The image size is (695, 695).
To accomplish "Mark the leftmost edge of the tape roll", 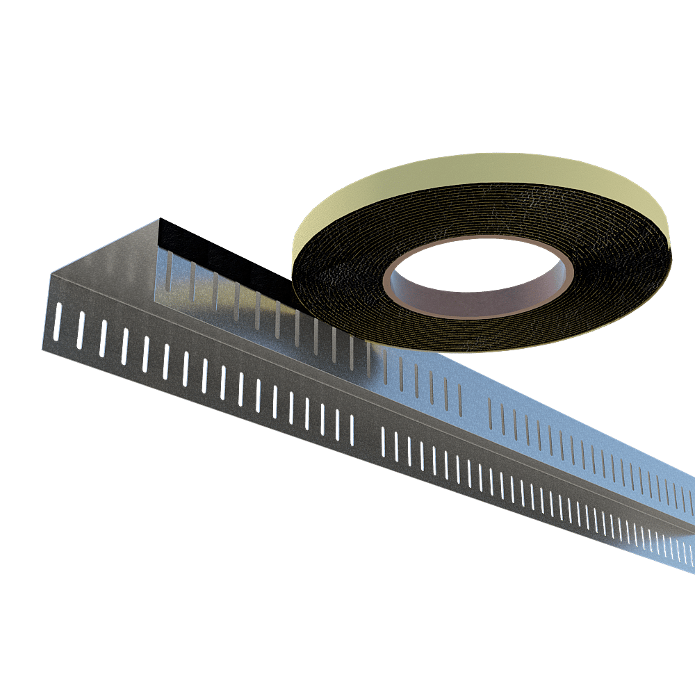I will pyautogui.click(x=291, y=268).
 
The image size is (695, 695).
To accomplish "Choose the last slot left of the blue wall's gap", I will pyautogui.click(x=459, y=396).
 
